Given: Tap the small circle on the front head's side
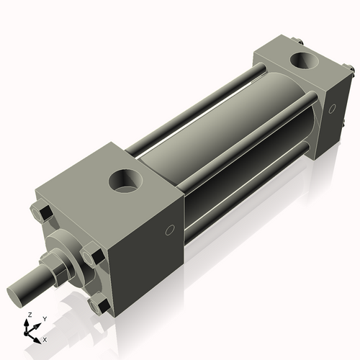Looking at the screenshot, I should pos(171,230).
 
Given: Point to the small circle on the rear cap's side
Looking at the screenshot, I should pos(332,109).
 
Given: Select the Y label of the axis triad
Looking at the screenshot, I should pos(44,318).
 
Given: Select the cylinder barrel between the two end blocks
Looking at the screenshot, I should pos(216,137).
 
